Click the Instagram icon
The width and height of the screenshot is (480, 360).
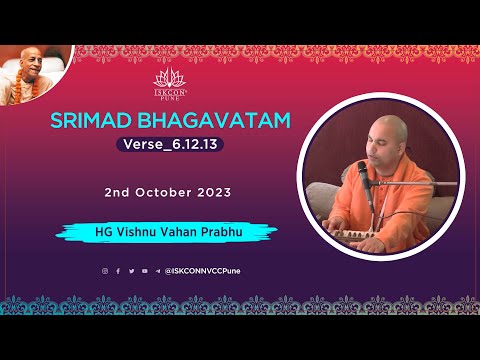pyautogui.click(x=104, y=271)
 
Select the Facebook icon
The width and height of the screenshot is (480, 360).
pyautogui.click(x=118, y=271)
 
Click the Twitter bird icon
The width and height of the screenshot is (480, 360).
pyautogui.click(x=131, y=271)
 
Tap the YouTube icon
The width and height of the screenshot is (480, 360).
pyautogui.click(x=144, y=271)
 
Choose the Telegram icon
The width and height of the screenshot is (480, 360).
pyautogui.click(x=157, y=271)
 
